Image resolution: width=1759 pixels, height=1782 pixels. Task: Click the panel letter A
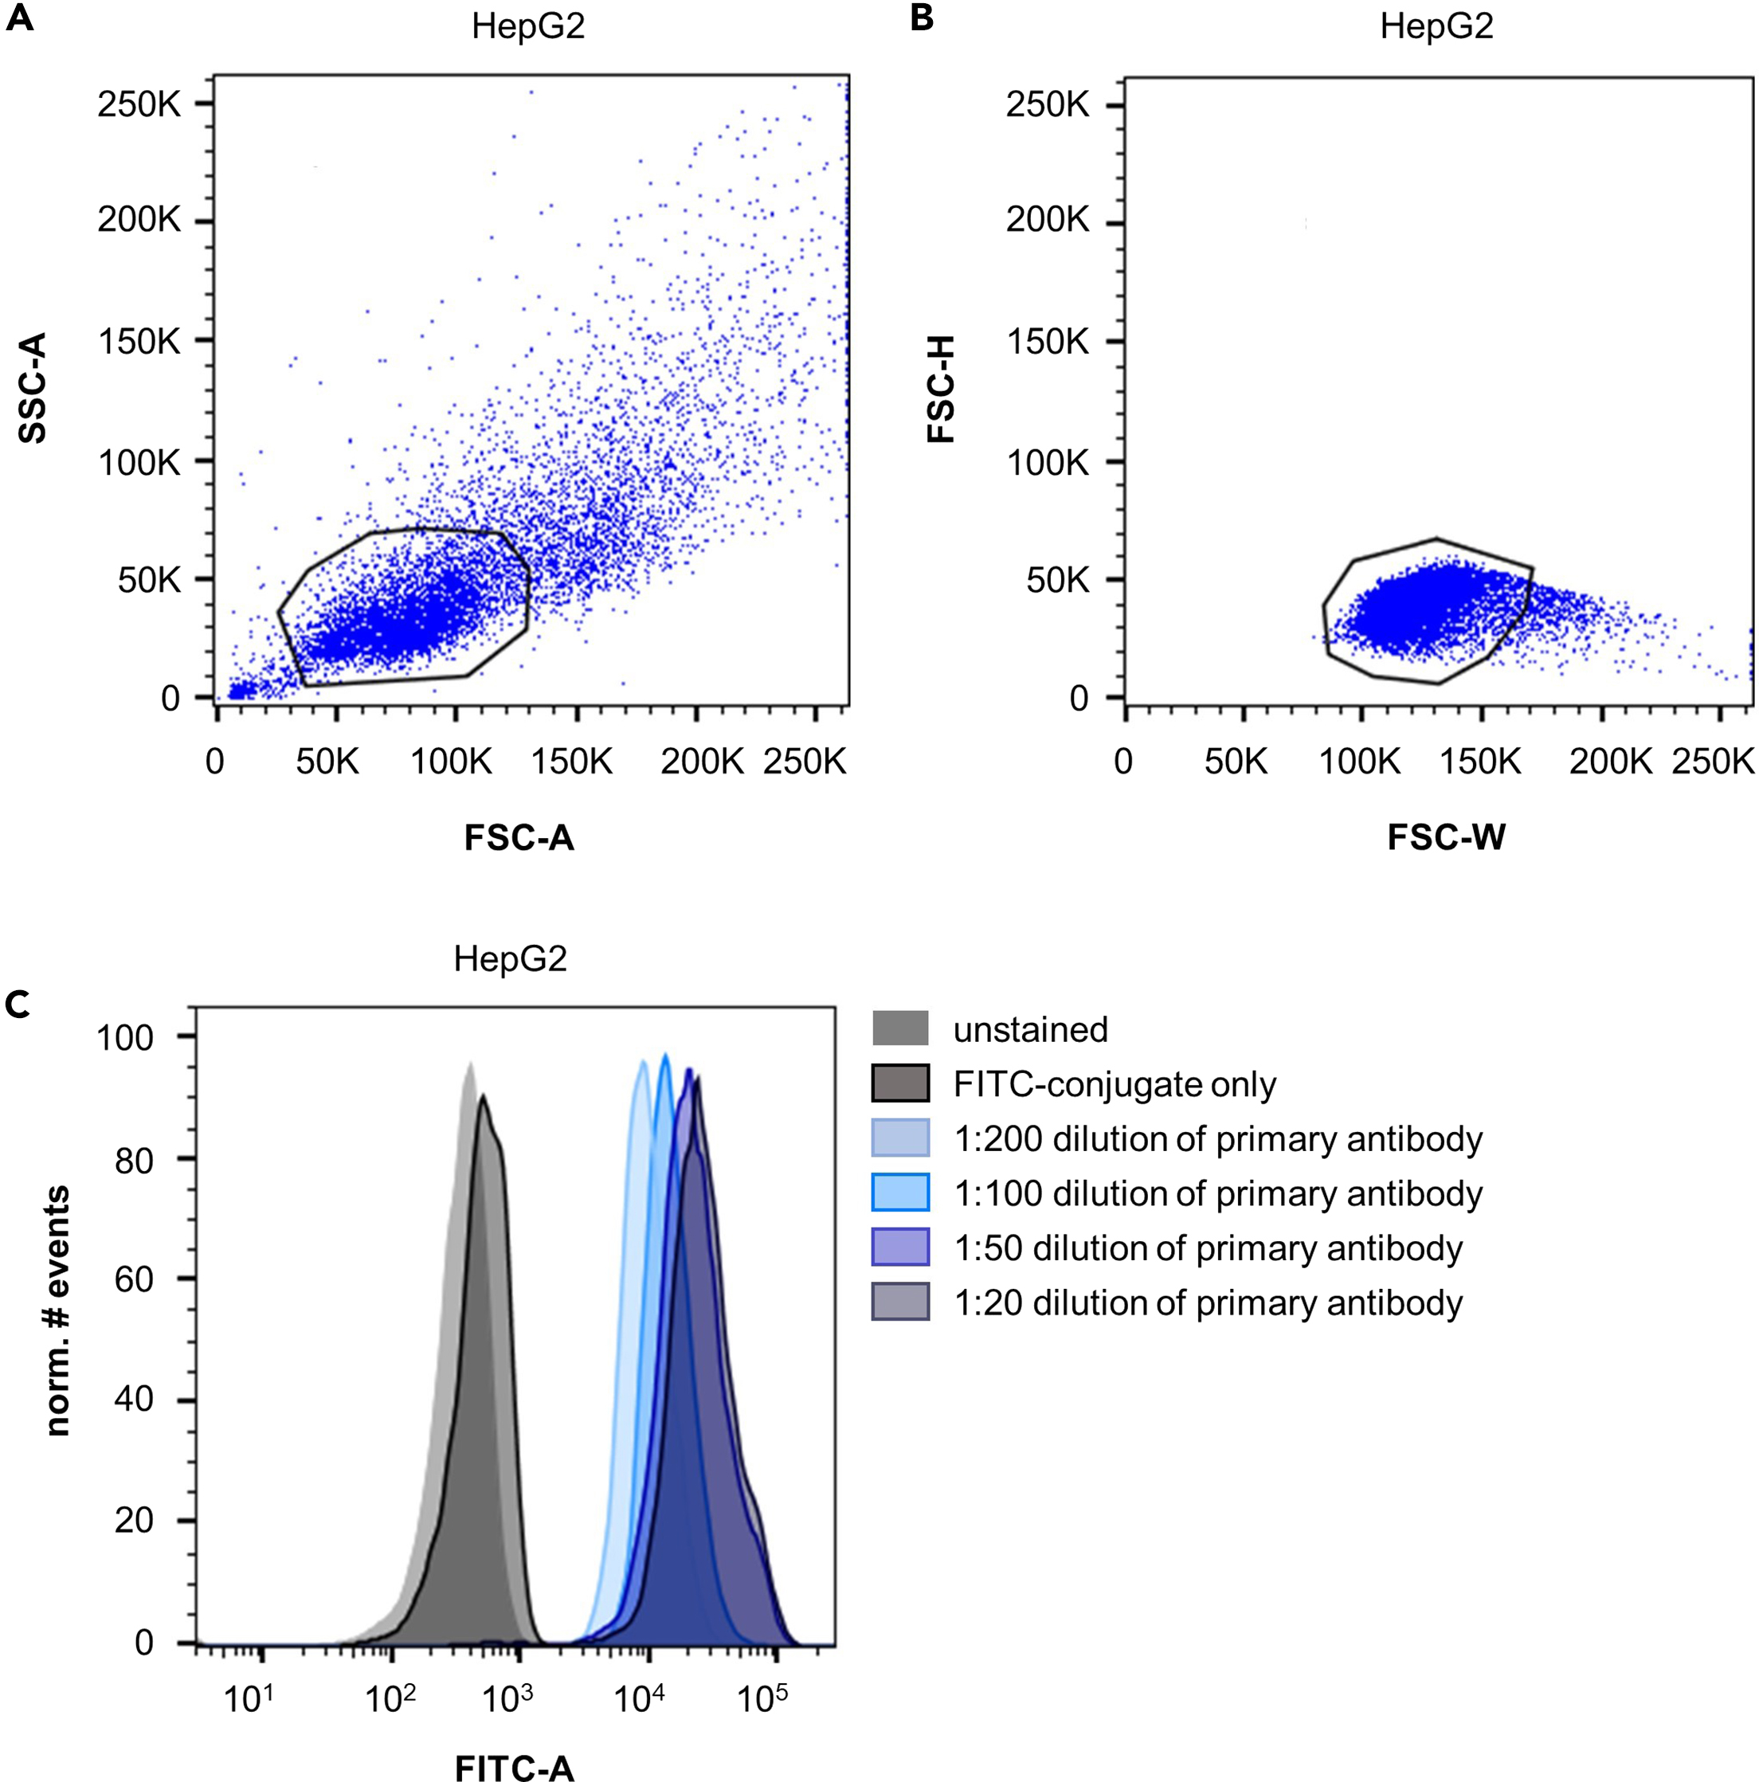click(19, 18)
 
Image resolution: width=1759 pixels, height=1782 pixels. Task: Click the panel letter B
click(922, 18)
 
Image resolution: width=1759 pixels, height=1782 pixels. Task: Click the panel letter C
click(18, 1004)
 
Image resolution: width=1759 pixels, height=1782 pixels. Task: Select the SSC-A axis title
click(33, 388)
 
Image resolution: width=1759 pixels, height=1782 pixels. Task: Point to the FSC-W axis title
click(1445, 836)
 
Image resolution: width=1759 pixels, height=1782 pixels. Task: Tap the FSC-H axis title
click(941, 388)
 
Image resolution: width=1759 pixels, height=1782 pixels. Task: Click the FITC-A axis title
click(514, 1766)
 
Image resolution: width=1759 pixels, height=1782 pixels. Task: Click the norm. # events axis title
click(57, 1310)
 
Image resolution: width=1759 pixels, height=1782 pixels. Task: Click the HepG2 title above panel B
click(1436, 27)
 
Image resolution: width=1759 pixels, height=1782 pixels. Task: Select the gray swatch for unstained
click(899, 1028)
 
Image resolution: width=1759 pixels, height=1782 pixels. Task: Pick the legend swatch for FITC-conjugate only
click(899, 1083)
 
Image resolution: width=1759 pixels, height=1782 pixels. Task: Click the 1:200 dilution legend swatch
click(899, 1138)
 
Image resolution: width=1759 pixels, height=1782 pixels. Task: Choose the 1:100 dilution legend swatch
click(899, 1192)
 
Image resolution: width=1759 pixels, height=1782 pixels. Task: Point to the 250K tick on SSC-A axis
click(139, 104)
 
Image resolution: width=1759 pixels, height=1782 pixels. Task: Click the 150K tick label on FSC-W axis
click(1479, 761)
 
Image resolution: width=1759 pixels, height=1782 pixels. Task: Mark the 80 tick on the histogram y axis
click(134, 1159)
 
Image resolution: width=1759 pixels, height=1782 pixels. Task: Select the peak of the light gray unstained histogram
click(469, 1064)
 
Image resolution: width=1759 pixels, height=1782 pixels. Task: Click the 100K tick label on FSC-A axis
click(451, 761)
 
